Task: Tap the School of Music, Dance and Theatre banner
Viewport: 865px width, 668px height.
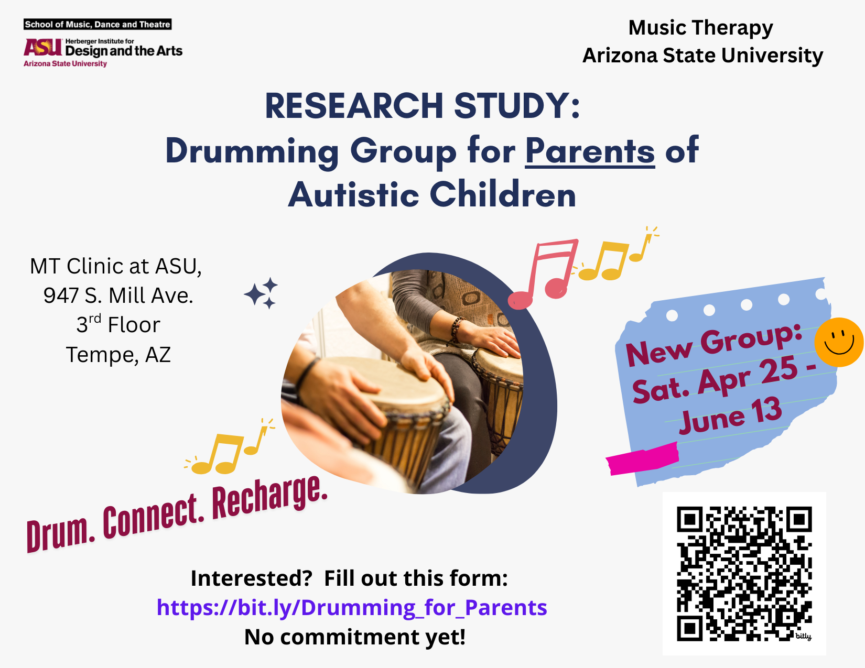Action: coord(98,24)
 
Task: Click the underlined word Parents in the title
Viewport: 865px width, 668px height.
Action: coord(590,151)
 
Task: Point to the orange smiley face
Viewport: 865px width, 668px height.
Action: coord(838,342)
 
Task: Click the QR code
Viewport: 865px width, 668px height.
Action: coord(744,573)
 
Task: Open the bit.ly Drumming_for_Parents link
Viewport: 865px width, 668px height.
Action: coord(352,607)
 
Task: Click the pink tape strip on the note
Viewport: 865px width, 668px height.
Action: coord(643,458)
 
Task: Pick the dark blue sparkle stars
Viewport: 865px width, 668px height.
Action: coord(262,293)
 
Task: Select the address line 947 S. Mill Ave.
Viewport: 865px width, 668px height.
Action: coord(118,295)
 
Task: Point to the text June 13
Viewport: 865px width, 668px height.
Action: coord(730,416)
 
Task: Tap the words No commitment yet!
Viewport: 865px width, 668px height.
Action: coord(355,637)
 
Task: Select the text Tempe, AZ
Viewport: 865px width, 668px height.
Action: coord(118,355)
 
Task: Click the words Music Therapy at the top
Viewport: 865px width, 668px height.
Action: coord(700,27)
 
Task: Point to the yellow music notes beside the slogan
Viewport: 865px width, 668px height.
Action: coord(229,449)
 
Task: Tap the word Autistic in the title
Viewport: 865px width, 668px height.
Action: coord(353,194)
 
